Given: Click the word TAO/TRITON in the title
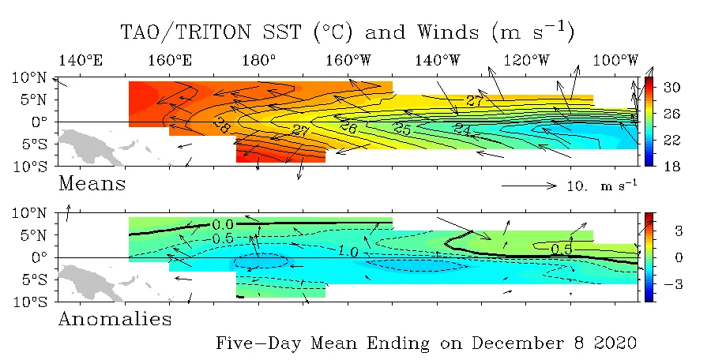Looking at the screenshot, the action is click(185, 32).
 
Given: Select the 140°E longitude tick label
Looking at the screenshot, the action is click(81, 60).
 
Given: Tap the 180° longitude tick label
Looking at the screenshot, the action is click(259, 60).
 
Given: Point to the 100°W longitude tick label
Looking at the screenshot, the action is click(615, 60).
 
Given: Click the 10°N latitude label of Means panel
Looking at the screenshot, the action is click(29, 77).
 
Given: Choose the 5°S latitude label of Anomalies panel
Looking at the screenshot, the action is click(33, 280).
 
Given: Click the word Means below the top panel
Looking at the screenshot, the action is click(92, 184).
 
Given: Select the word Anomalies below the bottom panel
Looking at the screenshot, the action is click(115, 319).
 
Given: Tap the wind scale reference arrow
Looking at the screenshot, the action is click(529, 186).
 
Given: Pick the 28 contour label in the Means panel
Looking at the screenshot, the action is click(221, 126).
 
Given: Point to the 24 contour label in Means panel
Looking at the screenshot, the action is click(462, 129).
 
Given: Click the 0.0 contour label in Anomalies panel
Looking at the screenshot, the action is click(223, 224).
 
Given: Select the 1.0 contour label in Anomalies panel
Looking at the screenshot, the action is click(348, 251).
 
